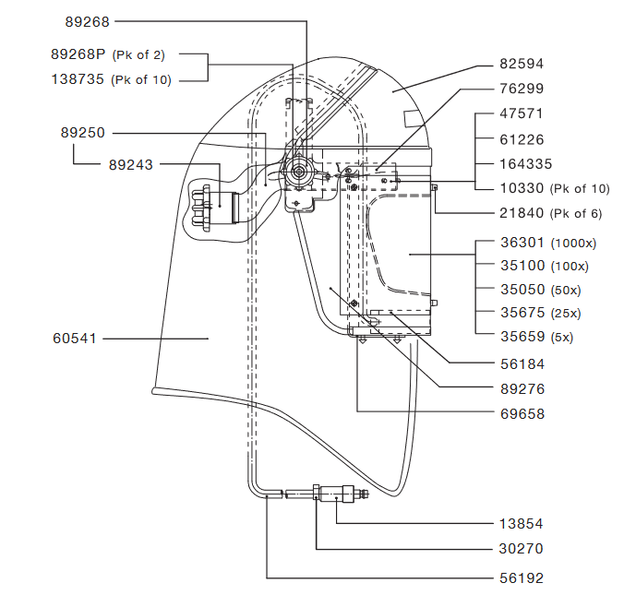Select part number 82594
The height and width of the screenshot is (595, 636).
(522, 65)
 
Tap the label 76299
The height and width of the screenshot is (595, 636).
(522, 89)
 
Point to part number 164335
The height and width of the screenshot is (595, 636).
(526, 164)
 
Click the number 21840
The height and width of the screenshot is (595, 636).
(522, 214)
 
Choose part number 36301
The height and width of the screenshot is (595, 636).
(522, 244)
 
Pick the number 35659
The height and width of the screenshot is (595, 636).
(522, 337)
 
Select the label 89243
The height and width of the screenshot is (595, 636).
(130, 165)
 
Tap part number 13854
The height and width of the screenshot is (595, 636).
(522, 523)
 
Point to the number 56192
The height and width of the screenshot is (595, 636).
(522, 578)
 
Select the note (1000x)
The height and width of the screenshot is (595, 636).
(574, 244)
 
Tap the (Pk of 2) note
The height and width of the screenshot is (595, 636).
(138, 55)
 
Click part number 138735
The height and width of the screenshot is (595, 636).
(78, 80)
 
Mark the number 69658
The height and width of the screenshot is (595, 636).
(522, 414)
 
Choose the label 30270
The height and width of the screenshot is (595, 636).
(522, 549)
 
